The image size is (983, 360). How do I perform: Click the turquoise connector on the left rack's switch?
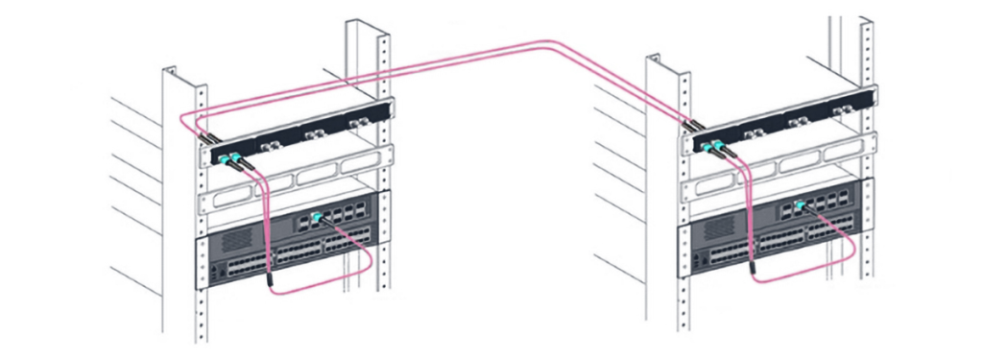[x=316, y=215]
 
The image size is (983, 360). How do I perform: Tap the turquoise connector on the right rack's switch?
[x=799, y=205]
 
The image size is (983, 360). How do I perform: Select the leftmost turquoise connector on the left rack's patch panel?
[x=224, y=156]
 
